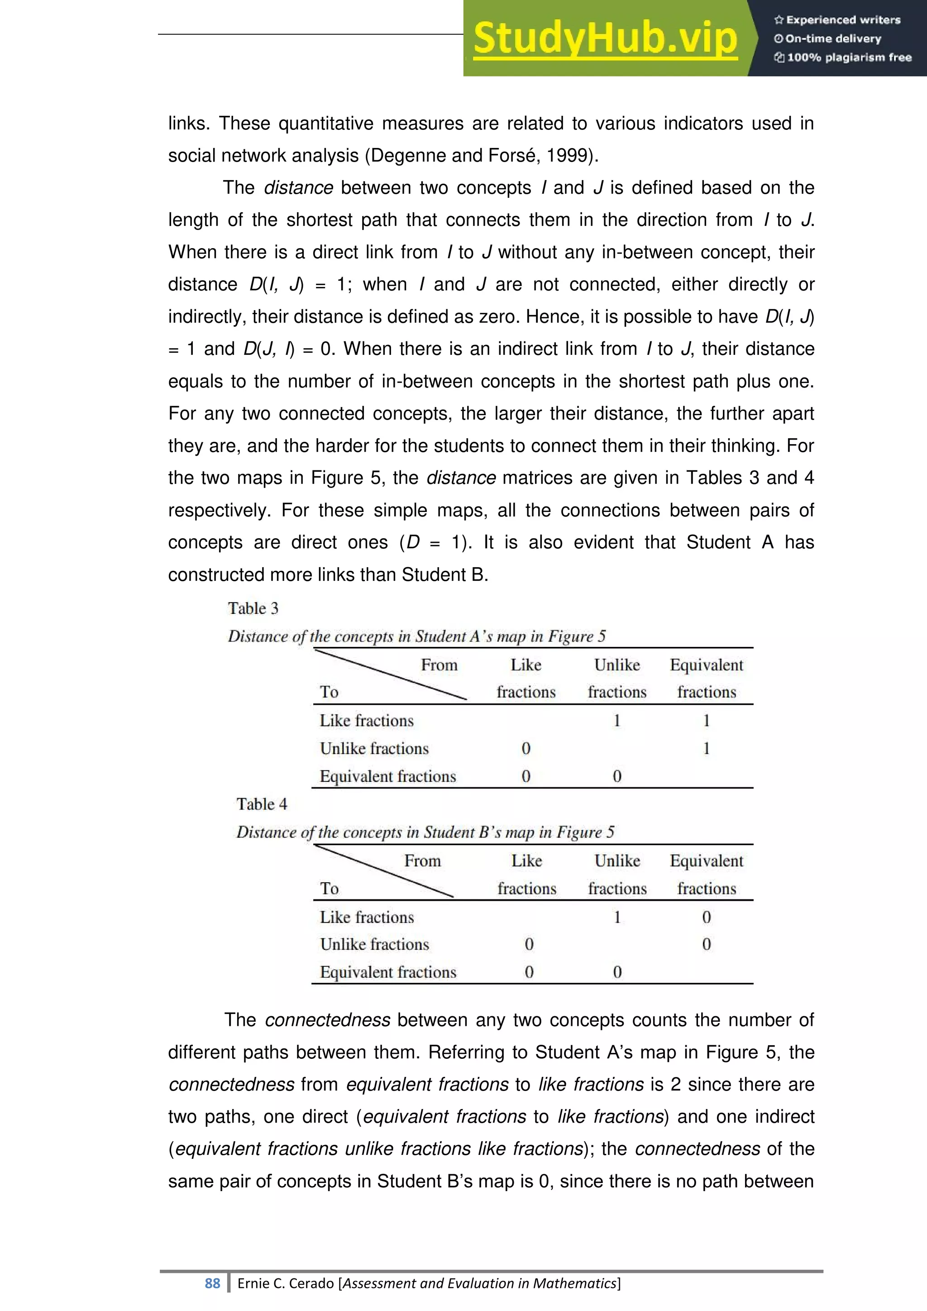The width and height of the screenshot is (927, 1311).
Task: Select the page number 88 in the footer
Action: click(212, 1283)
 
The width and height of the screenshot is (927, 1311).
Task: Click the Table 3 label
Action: click(253, 608)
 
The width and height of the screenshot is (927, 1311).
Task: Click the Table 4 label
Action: click(262, 804)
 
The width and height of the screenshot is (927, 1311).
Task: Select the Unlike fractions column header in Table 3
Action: click(616, 678)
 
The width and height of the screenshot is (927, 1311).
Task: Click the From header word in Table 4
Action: click(422, 861)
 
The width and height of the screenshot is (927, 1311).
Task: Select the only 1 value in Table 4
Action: click(616, 917)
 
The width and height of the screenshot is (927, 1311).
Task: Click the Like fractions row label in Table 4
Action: click(367, 917)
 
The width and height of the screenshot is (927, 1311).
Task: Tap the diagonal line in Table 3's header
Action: click(391, 675)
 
